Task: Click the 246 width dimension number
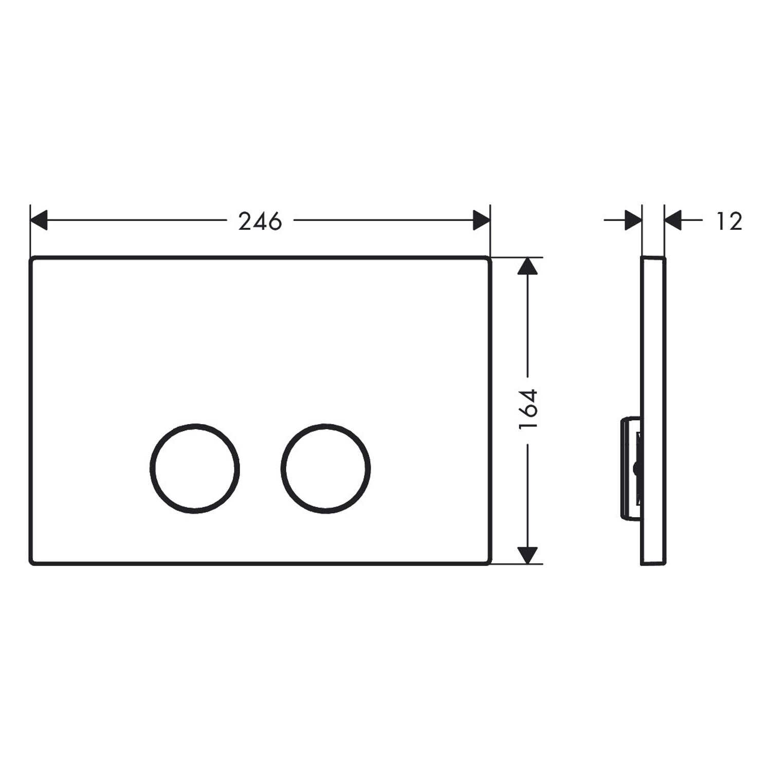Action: pos(260,221)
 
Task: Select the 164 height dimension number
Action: pos(528,410)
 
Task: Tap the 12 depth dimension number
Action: pos(730,221)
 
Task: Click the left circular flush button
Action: pos(195,425)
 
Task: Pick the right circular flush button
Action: pos(326,425)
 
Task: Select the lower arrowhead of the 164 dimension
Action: pos(528,556)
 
